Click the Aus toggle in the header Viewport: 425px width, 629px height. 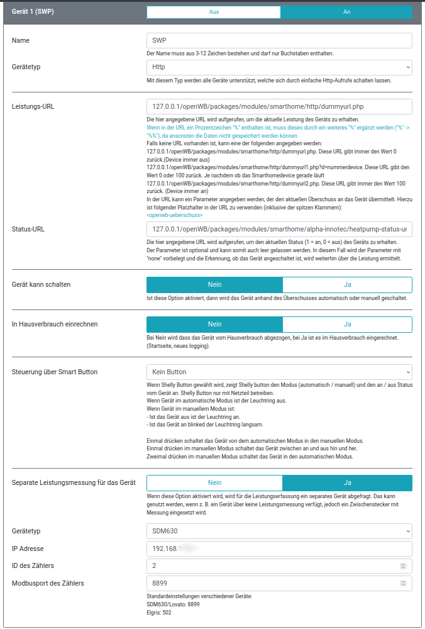(214, 12)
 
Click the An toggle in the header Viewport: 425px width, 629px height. (346, 12)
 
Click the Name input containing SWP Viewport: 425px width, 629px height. (279, 41)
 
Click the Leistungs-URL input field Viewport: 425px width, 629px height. (279, 106)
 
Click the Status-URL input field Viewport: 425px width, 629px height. (279, 230)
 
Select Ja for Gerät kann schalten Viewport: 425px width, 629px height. (347, 284)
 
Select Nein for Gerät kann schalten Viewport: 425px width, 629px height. (214, 284)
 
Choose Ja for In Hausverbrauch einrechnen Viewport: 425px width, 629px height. (347, 324)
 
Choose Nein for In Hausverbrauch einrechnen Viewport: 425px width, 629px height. (214, 324)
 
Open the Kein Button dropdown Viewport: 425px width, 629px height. (279, 372)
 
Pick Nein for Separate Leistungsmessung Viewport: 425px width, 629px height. (214, 482)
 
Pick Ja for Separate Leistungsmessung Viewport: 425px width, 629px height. (347, 482)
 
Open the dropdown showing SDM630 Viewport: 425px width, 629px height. (279, 531)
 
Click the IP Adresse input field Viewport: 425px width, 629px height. (279, 548)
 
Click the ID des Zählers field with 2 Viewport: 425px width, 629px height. (274, 566)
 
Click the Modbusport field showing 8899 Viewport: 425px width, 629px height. (274, 583)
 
